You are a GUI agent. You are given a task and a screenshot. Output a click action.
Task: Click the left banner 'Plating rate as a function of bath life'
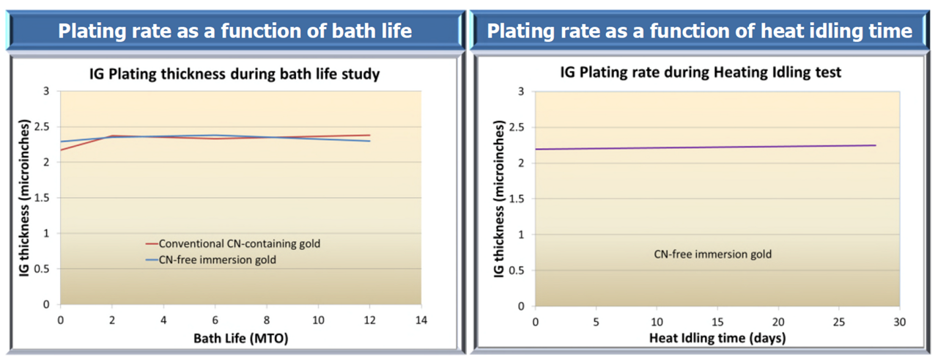point(234,32)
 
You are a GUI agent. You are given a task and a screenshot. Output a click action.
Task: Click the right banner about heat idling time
point(699,32)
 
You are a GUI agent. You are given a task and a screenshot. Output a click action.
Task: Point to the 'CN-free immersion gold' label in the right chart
point(712,255)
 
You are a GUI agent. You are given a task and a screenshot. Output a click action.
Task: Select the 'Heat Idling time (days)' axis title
point(717,338)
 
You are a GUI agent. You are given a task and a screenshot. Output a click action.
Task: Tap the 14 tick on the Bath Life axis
point(421,321)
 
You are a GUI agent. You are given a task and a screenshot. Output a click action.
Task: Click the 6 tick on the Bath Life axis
point(214,321)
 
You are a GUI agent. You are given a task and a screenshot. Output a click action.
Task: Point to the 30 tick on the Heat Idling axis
point(899,322)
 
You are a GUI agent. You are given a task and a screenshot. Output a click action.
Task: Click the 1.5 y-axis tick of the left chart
point(45,198)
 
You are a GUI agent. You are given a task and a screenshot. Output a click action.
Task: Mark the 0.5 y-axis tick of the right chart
point(521,270)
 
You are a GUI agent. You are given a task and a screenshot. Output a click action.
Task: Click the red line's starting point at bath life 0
point(60,150)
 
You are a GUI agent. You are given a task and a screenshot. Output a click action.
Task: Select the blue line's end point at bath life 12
point(369,141)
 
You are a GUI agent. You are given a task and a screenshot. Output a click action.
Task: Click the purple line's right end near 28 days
point(875,145)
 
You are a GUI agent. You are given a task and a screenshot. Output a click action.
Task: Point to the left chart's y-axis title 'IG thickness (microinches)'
point(23,198)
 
